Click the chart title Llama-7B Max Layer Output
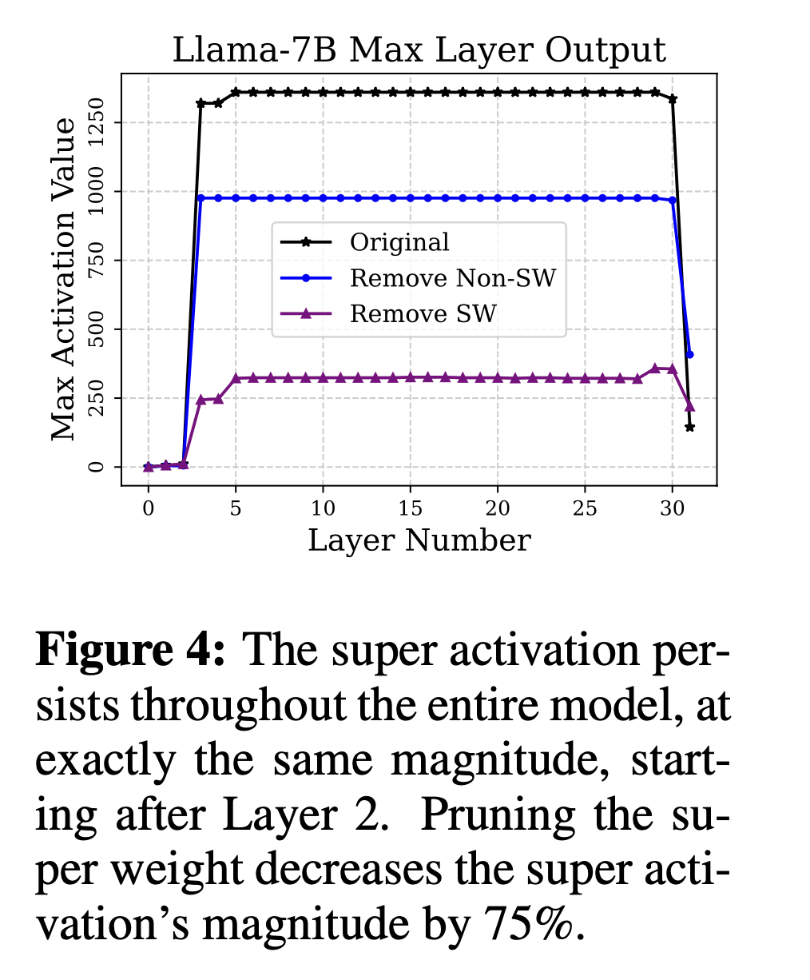click(x=419, y=50)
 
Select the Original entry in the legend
click(x=399, y=242)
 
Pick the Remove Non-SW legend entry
click(x=452, y=278)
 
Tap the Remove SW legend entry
click(x=423, y=314)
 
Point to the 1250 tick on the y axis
click(x=97, y=122)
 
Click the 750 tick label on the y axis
click(x=97, y=261)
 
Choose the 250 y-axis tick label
click(x=97, y=398)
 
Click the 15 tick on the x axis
click(x=411, y=508)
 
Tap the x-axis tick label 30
click(x=673, y=508)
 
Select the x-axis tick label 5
click(x=236, y=508)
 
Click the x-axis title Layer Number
click(x=419, y=541)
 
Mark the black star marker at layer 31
click(x=689, y=428)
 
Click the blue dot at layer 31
click(x=690, y=354)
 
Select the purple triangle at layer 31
click(x=690, y=407)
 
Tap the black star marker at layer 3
click(x=201, y=103)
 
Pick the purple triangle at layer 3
click(x=201, y=400)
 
